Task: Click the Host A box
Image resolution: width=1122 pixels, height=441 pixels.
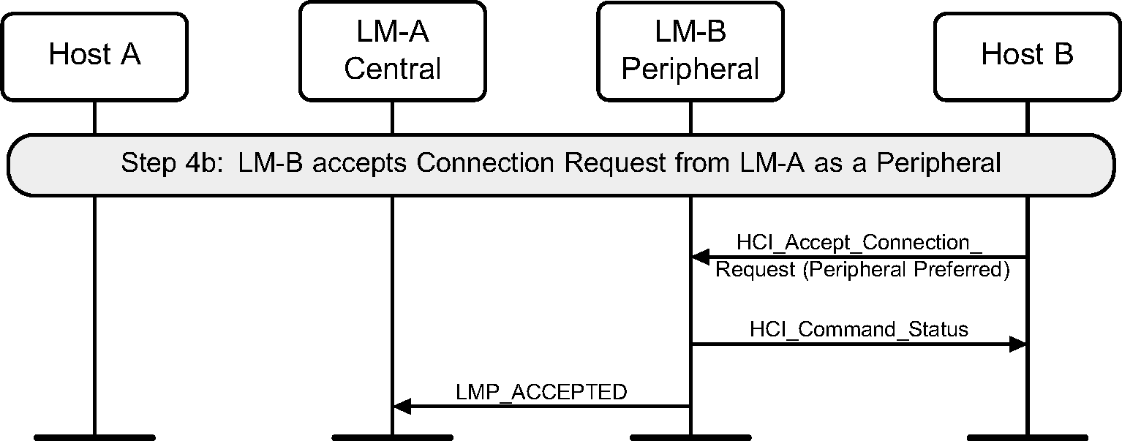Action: click(x=94, y=55)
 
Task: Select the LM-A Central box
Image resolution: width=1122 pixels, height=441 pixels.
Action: click(x=392, y=51)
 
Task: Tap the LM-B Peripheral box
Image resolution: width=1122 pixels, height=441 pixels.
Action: click(x=690, y=51)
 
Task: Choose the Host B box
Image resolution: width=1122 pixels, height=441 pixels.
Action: click(x=1027, y=55)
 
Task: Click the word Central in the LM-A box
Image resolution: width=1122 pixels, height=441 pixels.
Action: click(x=392, y=69)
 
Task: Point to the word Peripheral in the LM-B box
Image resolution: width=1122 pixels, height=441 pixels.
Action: click(x=690, y=69)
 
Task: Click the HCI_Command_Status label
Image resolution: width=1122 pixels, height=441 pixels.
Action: click(x=859, y=329)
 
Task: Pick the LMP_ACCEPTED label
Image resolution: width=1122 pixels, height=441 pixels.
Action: click(x=541, y=392)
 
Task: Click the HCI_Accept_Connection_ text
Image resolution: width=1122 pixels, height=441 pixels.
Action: click(x=859, y=242)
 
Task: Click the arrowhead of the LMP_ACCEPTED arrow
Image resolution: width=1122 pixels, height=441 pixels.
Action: click(x=402, y=406)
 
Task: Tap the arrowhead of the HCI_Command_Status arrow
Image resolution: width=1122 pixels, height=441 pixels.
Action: click(x=1018, y=344)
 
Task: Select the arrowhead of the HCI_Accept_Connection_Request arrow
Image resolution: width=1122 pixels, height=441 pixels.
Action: click(x=700, y=257)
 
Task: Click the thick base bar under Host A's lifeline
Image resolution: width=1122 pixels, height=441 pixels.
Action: click(x=94, y=437)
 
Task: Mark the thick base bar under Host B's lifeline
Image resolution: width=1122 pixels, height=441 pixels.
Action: click(x=1027, y=437)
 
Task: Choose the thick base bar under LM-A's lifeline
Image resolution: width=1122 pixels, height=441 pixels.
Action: click(x=392, y=437)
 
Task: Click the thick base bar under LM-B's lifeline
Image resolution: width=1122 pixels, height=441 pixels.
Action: click(x=690, y=437)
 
